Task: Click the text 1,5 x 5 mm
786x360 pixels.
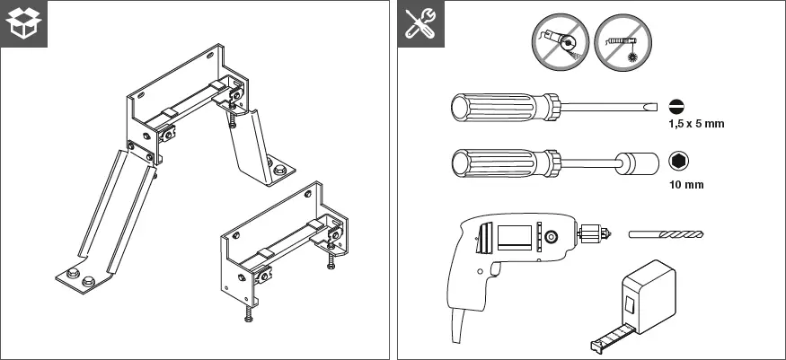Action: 696,124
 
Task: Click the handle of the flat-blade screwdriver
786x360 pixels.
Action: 503,107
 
